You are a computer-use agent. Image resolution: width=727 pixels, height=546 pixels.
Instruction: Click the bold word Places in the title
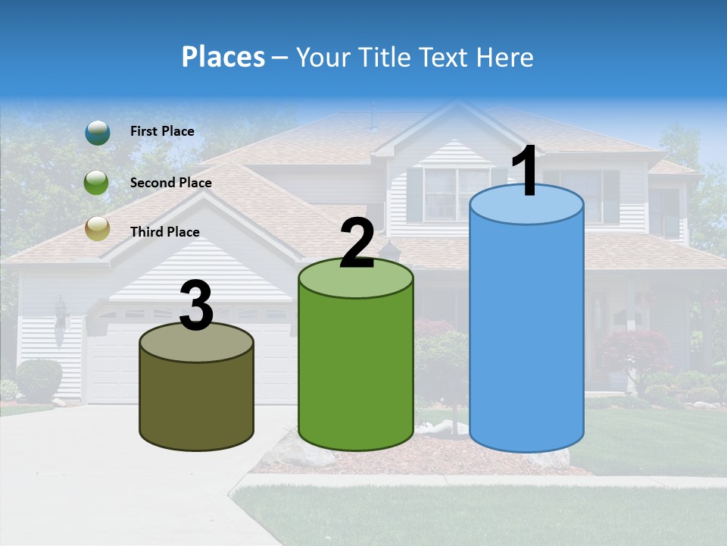pos(223,57)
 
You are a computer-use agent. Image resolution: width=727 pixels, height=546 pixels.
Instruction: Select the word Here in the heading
pos(504,57)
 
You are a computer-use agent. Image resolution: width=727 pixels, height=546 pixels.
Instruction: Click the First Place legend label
pos(162,131)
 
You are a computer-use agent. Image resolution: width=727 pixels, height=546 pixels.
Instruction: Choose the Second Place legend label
pos(170,183)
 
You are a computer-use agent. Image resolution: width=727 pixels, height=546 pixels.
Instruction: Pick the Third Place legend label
pos(164,232)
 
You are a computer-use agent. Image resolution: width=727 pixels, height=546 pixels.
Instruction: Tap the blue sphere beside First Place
pos(98,132)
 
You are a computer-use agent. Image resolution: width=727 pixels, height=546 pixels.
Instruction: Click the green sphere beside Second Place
pos(98,182)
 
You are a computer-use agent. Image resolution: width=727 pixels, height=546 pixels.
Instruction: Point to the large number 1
pos(526,172)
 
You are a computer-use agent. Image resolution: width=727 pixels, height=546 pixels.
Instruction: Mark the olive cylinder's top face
pos(197,345)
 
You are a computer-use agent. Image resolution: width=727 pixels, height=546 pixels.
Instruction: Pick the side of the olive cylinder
pos(197,402)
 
